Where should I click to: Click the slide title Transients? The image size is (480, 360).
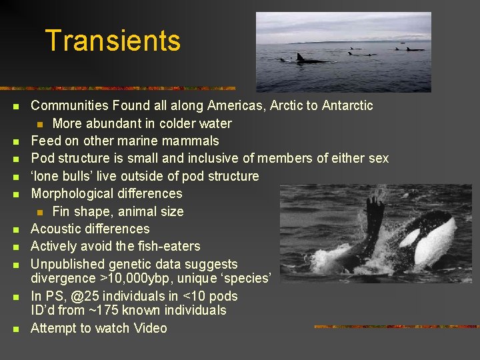pyautogui.click(x=113, y=41)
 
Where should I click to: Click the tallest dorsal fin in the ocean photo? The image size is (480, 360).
pyautogui.click(x=300, y=57)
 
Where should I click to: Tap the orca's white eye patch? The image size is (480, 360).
pyautogui.click(x=411, y=237)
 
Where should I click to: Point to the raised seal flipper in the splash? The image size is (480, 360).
pyautogui.click(x=374, y=213)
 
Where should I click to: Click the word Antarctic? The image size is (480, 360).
pyautogui.click(x=347, y=105)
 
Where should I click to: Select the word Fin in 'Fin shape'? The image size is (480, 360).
pyautogui.click(x=61, y=211)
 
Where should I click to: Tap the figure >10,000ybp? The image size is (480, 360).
pyautogui.click(x=131, y=278)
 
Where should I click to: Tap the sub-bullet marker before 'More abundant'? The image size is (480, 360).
pyautogui.click(x=40, y=124)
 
